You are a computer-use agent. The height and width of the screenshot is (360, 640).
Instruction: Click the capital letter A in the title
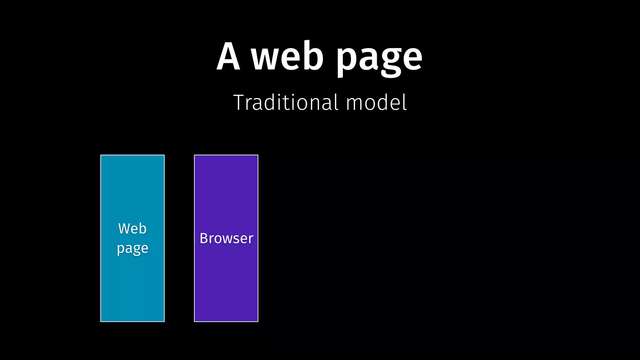[x=228, y=57]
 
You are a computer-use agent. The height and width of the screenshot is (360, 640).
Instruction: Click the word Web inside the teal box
[x=132, y=228]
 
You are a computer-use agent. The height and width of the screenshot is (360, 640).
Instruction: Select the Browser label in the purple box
[x=226, y=238]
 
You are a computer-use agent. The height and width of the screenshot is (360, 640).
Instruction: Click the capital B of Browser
[x=204, y=238]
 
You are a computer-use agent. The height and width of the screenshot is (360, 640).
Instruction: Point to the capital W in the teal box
[x=124, y=228]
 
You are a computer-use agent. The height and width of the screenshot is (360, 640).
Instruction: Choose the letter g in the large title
[x=387, y=61]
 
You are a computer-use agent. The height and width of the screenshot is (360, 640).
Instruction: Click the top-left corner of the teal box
[x=101, y=155]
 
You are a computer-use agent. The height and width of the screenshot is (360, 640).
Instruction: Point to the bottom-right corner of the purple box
[x=258, y=321]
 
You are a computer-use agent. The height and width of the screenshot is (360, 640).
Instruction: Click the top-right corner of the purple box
[x=258, y=155]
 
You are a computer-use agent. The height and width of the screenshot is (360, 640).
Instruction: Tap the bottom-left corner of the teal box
[x=101, y=321]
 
